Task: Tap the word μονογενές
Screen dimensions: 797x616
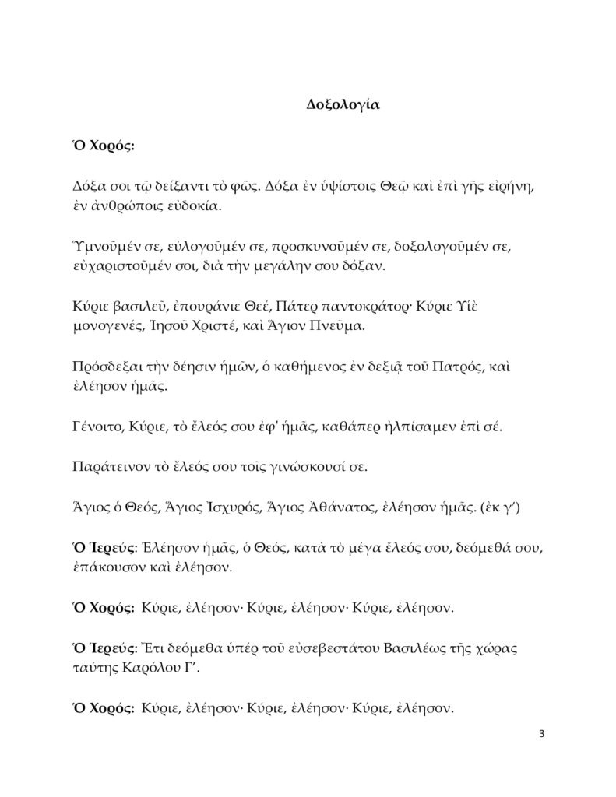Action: [x=106, y=326]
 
